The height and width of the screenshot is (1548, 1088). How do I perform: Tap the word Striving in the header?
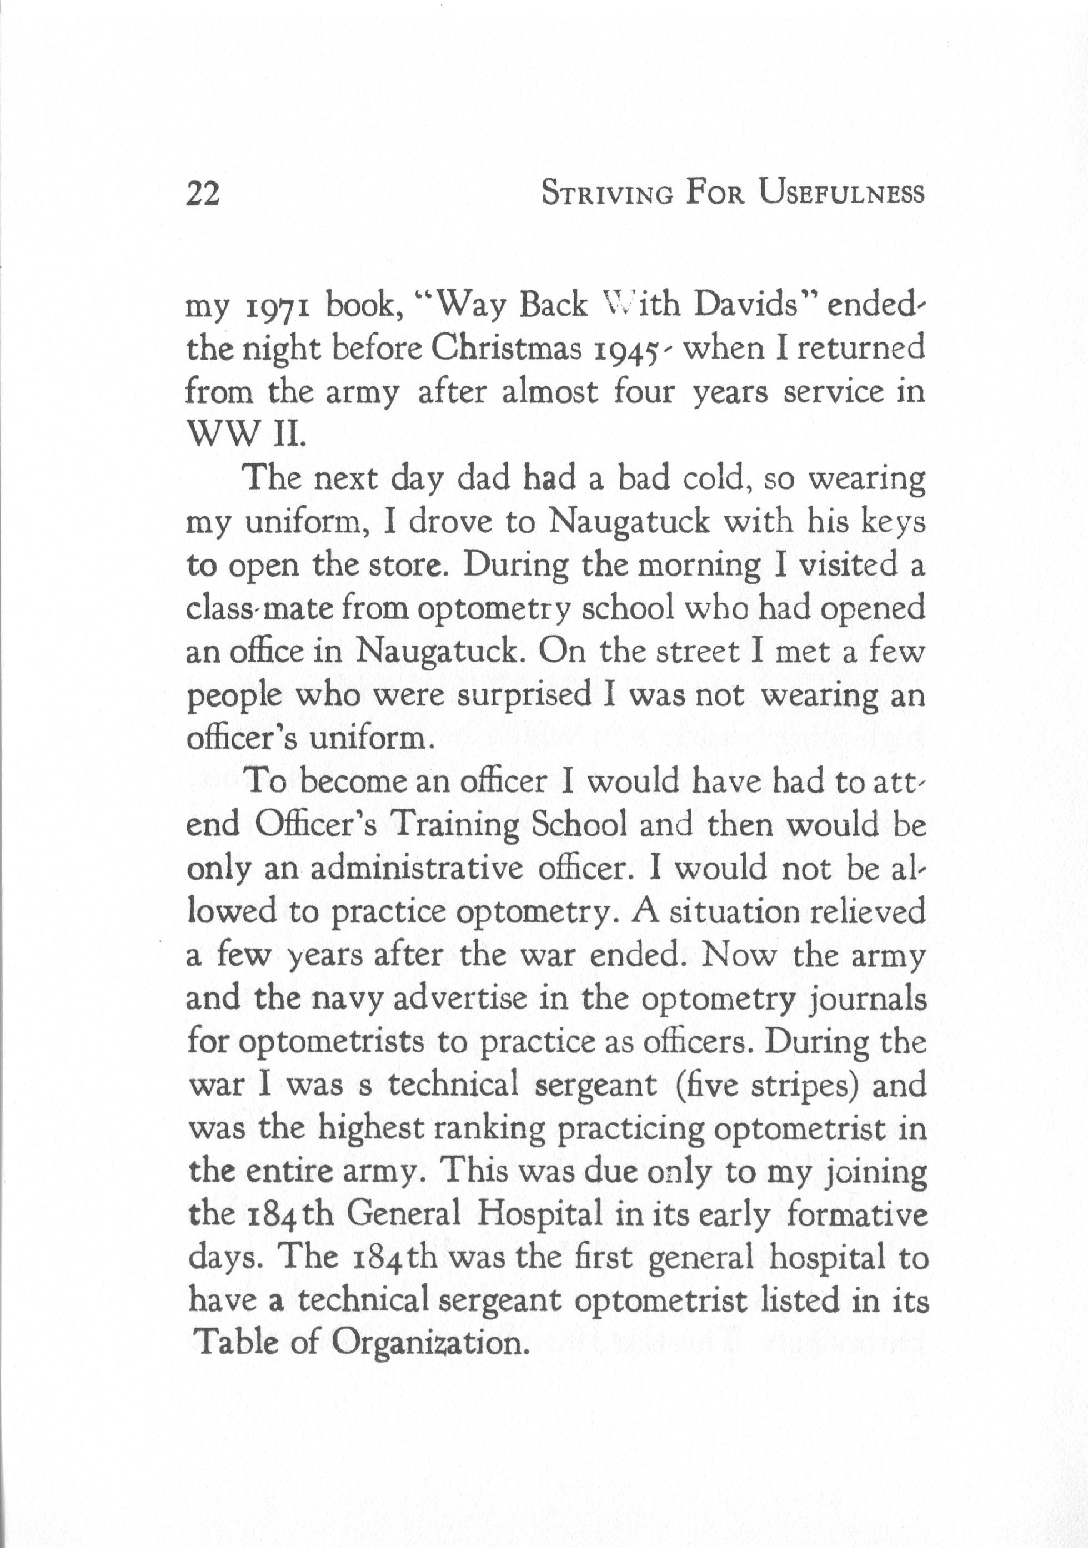(x=608, y=194)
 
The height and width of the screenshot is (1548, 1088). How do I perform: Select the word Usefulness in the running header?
(x=840, y=194)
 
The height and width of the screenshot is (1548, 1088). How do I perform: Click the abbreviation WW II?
(x=245, y=436)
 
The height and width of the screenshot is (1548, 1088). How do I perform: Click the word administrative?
(x=417, y=869)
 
